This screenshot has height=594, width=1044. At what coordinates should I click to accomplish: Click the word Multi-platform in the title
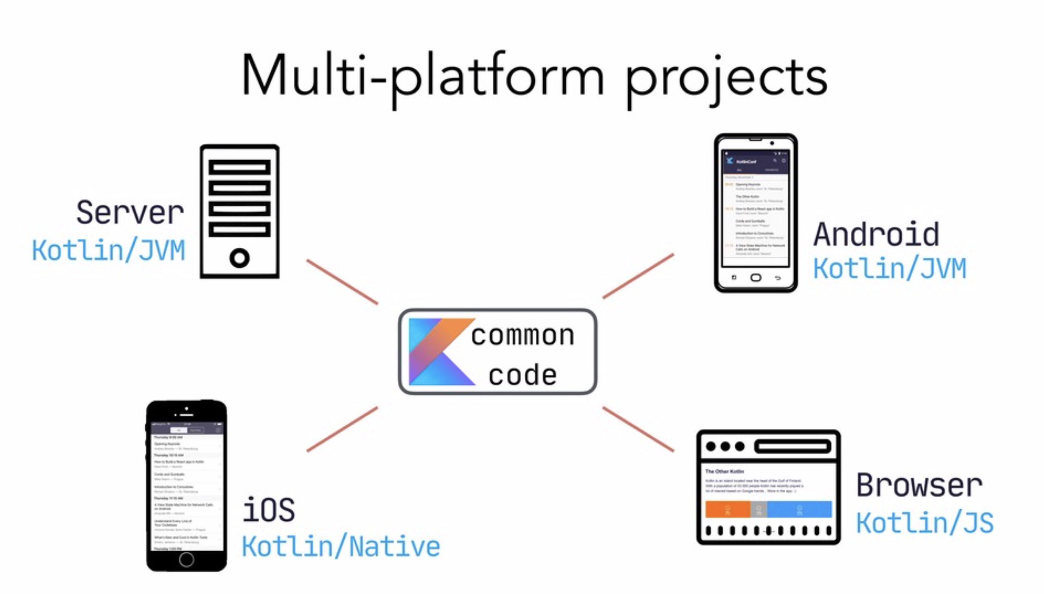click(x=423, y=77)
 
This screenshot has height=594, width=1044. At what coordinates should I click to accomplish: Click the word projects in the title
click(x=726, y=79)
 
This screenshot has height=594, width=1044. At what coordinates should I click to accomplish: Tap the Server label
click(x=130, y=212)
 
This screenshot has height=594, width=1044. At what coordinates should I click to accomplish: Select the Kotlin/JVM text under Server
click(x=108, y=250)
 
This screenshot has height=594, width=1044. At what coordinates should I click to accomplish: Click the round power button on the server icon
click(x=240, y=258)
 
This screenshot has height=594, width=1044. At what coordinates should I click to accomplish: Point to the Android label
click(x=877, y=234)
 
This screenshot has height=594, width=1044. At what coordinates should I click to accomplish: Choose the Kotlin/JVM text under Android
click(x=890, y=268)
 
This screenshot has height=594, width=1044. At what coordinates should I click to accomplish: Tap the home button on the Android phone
click(x=755, y=278)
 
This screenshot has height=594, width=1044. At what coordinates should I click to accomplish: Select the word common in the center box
click(x=523, y=335)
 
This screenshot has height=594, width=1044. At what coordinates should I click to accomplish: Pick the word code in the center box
click(x=523, y=375)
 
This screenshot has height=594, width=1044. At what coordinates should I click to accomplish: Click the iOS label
click(x=269, y=510)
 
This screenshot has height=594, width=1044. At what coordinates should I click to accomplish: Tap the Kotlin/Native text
click(x=341, y=546)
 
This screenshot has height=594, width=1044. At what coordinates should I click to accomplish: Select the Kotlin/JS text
click(x=925, y=523)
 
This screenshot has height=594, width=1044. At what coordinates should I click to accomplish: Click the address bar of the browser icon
click(x=793, y=447)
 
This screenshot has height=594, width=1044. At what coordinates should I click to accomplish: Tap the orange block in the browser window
click(x=727, y=509)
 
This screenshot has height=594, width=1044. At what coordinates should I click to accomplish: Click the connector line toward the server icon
click(x=342, y=282)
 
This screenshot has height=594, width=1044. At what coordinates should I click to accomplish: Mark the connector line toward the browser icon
click(x=638, y=429)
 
